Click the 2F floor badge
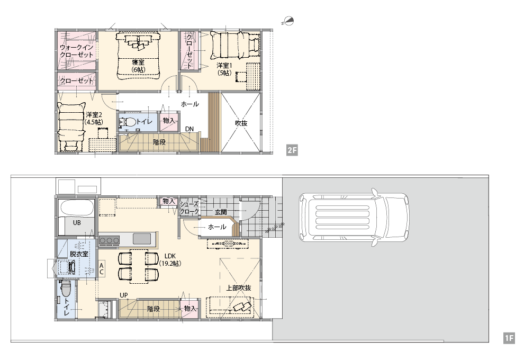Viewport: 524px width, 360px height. pos(292,150)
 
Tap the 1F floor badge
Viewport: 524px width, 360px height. pos(509,338)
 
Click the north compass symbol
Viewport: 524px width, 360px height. pos(288,21)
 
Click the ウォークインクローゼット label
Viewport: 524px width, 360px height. pos(77,51)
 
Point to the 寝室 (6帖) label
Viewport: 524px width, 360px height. pos(138,66)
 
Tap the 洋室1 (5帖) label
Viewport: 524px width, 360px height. pos(224,69)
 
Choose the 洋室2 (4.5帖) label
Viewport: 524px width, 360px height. pos(94,119)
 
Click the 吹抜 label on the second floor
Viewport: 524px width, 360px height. pos(241,123)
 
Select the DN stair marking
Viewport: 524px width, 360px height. pos(189,129)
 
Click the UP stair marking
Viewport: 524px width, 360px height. pos(124,295)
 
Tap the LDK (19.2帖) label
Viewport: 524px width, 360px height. pos(170,260)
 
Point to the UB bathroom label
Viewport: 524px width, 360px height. pos(77,222)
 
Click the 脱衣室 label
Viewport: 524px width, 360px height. pos(79,254)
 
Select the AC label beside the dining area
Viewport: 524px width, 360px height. pos(102,269)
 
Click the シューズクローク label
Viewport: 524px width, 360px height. pos(189,208)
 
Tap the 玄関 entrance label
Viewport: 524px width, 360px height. pos(221,212)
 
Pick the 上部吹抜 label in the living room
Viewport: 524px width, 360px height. pos(239,288)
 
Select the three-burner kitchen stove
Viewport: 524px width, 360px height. pos(109,240)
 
